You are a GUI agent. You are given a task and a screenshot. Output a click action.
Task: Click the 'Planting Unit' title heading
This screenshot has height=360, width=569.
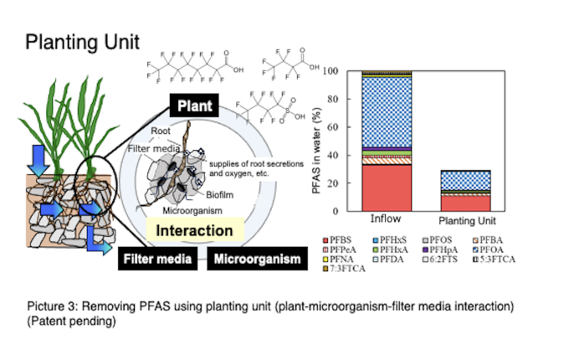pos(82,41)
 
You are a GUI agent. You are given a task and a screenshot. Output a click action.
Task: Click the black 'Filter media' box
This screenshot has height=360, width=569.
pos(157,259)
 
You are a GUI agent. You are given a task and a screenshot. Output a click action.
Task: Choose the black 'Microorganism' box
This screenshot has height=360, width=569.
pos(256,259)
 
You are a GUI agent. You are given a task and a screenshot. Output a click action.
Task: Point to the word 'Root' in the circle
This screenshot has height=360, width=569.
pos(161,131)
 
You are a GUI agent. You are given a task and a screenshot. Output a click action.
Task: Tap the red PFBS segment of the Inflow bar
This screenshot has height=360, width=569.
pos(386,188)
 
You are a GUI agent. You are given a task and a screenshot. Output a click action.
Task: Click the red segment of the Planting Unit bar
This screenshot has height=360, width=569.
pos(465,202)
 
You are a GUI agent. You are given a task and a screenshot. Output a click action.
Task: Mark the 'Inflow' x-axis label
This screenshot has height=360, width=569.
pos(386,219)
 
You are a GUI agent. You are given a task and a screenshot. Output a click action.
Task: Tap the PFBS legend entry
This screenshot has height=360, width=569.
pos(340,239)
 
